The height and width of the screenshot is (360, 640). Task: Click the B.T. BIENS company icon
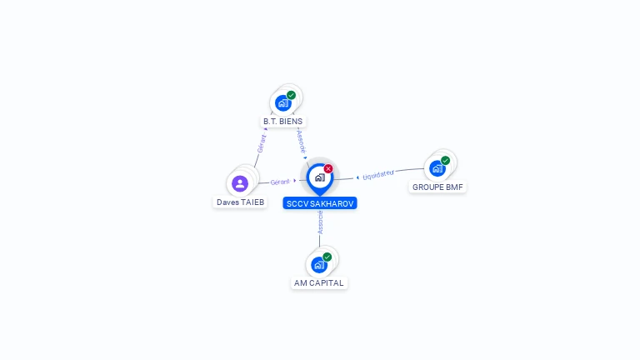coord(283,103)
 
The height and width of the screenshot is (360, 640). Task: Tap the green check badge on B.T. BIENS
coord(292,95)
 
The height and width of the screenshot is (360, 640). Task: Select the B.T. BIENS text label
coord(283,122)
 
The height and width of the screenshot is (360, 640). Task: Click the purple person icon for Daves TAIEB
coord(240,183)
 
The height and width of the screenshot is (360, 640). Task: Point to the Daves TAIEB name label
coord(240,202)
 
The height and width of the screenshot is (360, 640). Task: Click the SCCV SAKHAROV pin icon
coord(319,177)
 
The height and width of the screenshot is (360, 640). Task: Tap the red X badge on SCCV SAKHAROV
coord(328,169)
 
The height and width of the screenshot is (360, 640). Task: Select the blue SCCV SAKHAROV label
coord(320,203)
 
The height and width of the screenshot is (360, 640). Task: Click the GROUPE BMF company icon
coord(437,168)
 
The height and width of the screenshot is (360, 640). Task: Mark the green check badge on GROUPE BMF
coord(446,160)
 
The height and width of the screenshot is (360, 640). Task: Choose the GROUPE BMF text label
coord(437,187)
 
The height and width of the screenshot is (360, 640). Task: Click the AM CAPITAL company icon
coord(319,265)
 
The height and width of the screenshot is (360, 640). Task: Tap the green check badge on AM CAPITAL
coord(327,257)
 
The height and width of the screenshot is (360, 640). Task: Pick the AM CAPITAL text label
coord(319,283)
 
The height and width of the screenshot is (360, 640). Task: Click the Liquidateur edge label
coord(378,175)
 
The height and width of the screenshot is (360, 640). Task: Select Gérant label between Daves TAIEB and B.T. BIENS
coord(262,143)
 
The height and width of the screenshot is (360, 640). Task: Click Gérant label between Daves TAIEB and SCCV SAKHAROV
coord(280,182)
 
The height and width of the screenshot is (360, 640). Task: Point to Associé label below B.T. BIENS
coord(302,140)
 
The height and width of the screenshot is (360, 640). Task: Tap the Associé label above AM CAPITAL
coord(320,222)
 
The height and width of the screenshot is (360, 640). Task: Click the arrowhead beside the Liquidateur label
coord(357,177)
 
